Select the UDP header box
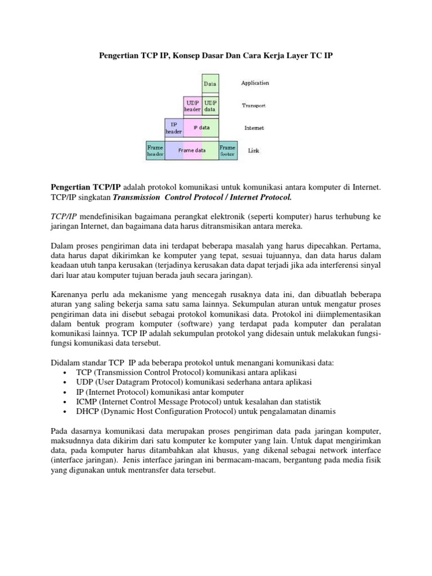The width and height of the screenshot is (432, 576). pyautogui.click(x=192, y=106)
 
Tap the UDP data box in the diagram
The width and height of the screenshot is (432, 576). pyautogui.click(x=210, y=106)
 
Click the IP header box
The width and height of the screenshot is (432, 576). pyautogui.click(x=173, y=128)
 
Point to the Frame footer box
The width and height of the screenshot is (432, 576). pyautogui.click(x=228, y=150)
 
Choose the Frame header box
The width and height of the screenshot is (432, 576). pyautogui.click(x=155, y=150)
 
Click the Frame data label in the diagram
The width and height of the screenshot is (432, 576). pyautogui.click(x=192, y=150)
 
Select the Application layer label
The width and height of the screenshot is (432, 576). pyautogui.click(x=255, y=83)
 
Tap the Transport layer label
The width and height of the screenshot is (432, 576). pyautogui.click(x=253, y=105)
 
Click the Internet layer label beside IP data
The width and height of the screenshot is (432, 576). pyautogui.click(x=254, y=128)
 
